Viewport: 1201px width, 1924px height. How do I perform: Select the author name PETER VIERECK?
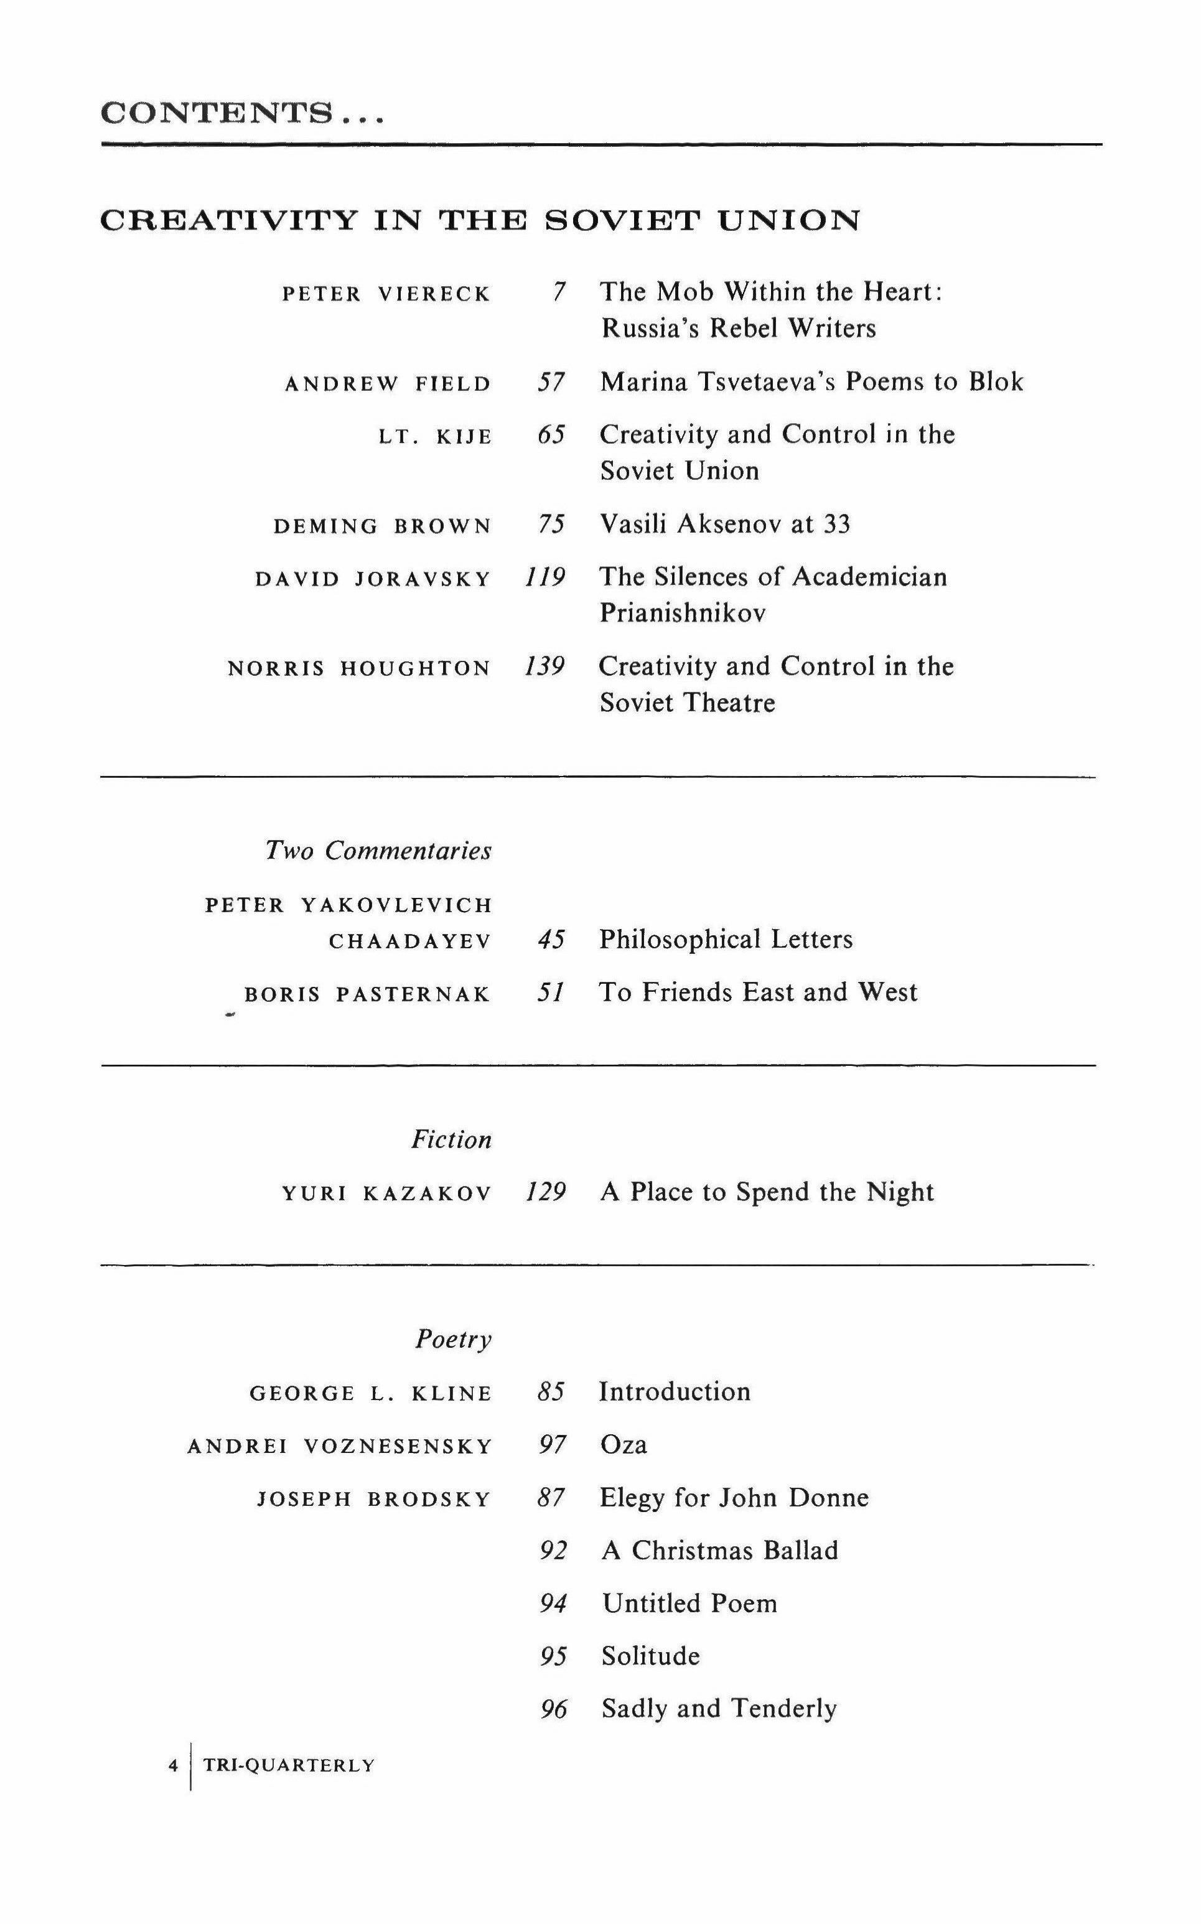coord(387,294)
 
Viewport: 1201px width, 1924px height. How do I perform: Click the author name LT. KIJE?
coord(435,437)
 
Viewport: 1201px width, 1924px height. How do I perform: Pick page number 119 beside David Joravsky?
coord(545,577)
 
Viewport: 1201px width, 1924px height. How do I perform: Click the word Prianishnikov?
coord(683,613)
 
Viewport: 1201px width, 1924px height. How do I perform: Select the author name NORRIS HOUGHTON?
coord(359,668)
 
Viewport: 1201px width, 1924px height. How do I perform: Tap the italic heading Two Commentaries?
coord(378,851)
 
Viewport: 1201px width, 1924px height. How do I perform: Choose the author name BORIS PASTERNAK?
coord(367,994)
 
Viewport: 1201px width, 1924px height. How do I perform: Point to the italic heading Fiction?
coord(451,1140)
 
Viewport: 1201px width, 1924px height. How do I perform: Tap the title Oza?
coord(624,1444)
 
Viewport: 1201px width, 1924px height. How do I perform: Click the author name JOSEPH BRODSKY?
coord(374,1499)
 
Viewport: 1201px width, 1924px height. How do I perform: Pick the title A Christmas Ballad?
coord(719,1551)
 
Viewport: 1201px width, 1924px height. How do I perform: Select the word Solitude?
coord(650,1656)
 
